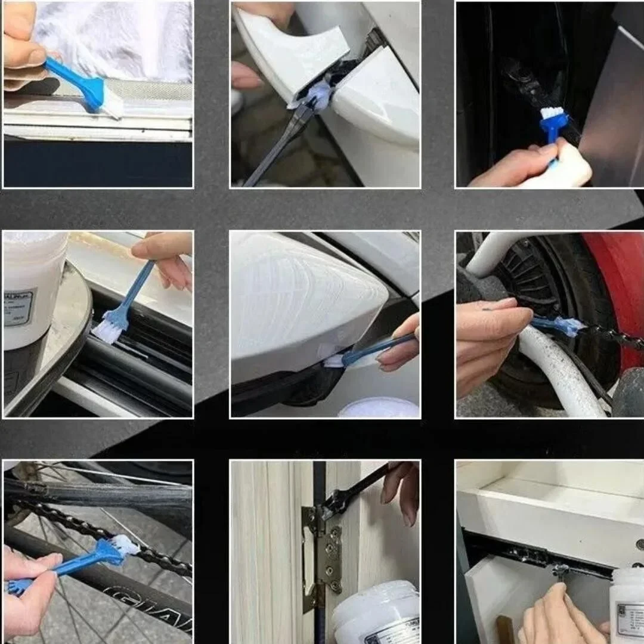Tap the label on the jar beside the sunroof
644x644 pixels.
pos(20,308)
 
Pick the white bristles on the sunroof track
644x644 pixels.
pos(108,332)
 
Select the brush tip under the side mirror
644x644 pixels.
pos(334,360)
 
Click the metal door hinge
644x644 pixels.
pos(322,555)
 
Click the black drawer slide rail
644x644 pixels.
pos(537,555)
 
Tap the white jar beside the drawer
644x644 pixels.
pos(626,602)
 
